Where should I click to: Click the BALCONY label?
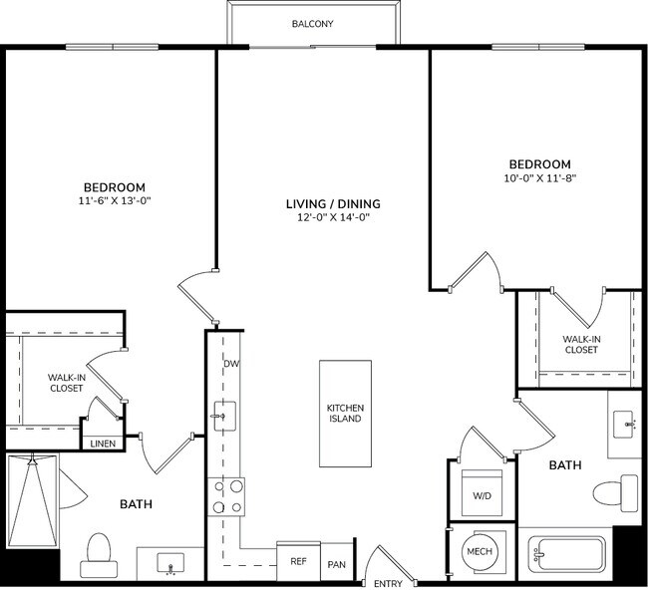tap(313, 23)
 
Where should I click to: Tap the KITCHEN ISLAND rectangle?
tap(345, 413)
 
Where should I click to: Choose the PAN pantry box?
tap(337, 565)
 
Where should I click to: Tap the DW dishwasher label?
tap(231, 363)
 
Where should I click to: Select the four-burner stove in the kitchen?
tap(226, 496)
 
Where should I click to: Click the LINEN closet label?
tap(102, 444)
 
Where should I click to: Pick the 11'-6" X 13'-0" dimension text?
tap(114, 200)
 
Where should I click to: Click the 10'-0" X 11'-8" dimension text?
tap(539, 178)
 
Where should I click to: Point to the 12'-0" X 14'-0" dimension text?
tap(333, 217)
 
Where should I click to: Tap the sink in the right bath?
tap(627, 423)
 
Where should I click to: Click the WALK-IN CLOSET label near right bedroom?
tap(581, 344)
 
